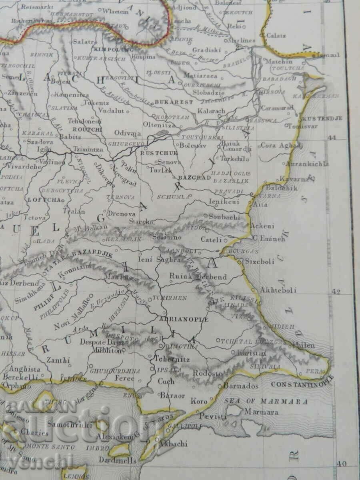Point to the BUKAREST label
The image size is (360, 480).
[174, 102]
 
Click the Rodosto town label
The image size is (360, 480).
[208, 373]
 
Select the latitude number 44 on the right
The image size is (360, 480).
[332, 138]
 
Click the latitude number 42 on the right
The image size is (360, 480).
[336, 291]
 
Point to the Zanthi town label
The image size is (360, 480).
[58, 360]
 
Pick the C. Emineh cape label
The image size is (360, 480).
[269, 239]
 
